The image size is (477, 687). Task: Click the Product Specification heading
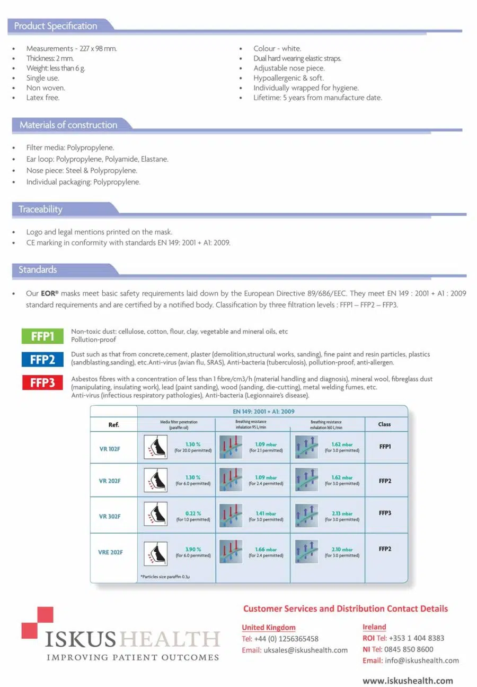coord(56,26)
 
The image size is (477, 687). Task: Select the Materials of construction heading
coord(68,125)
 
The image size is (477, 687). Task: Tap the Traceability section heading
coord(40,210)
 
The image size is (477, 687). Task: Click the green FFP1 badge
coord(42,336)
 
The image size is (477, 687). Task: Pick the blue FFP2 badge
coord(42,359)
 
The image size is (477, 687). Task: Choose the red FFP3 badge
coord(42,382)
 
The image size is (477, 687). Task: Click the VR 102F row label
coord(110,449)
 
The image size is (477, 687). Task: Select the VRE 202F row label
coord(110,552)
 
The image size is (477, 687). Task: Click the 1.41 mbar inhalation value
coord(266,514)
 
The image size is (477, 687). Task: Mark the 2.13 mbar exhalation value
coord(342,514)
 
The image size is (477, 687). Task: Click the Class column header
coord(385,424)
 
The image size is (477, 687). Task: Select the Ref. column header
coord(114,425)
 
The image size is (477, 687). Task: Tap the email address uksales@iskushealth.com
coord(305,650)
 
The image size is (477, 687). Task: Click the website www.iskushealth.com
coord(408,681)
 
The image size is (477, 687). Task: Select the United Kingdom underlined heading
coord(269,628)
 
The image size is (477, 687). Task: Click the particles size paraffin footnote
coord(165,576)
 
